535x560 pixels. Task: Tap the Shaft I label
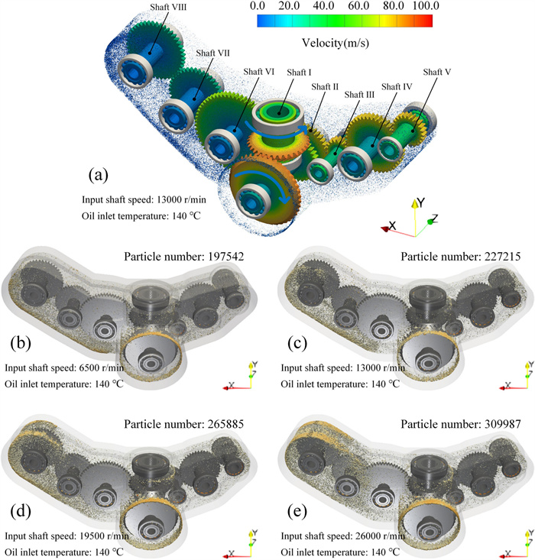pyautogui.click(x=299, y=72)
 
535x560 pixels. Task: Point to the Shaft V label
pyautogui.click(x=433, y=72)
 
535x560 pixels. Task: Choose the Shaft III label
pyautogui.click(x=360, y=94)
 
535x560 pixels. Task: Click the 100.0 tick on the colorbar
pyautogui.click(x=420, y=7)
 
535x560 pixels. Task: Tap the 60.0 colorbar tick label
pyautogui.click(x=354, y=7)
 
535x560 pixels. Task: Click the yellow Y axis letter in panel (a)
pyautogui.click(x=418, y=203)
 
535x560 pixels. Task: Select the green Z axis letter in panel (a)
pyautogui.click(x=434, y=219)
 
